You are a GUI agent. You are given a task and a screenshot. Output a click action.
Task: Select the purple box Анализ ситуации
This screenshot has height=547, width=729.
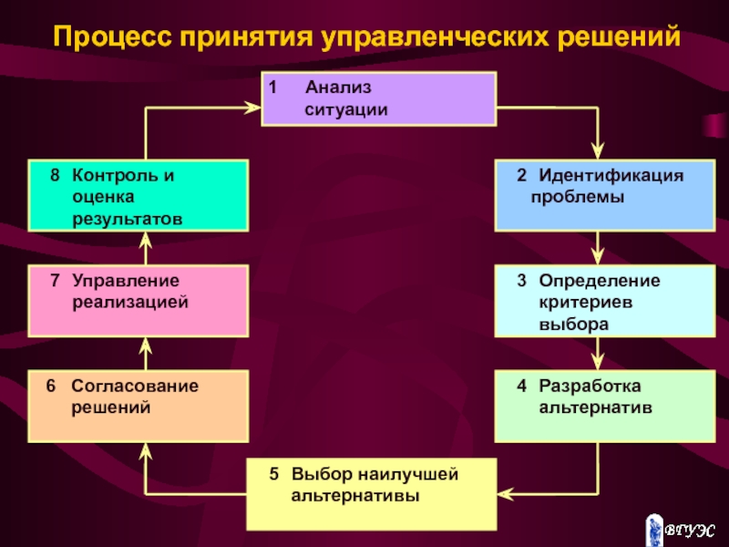click(x=378, y=98)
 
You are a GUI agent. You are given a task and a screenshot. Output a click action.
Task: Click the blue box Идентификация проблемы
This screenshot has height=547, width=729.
click(x=604, y=195)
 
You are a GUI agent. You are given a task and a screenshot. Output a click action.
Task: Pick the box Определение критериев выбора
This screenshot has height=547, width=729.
click(x=604, y=301)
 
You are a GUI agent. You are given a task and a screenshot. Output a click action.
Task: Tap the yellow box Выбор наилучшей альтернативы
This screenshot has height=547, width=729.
click(x=372, y=494)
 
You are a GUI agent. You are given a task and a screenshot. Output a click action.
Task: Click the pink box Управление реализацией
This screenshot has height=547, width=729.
click(x=138, y=301)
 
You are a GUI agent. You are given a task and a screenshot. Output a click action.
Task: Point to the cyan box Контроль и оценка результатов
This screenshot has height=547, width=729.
click(x=138, y=195)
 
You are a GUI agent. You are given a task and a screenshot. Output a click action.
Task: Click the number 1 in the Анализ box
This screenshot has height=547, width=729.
click(x=272, y=88)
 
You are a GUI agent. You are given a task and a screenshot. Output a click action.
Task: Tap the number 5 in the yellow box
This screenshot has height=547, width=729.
click(x=273, y=475)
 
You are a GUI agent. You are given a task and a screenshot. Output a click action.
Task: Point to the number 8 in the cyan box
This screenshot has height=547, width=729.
click(x=55, y=174)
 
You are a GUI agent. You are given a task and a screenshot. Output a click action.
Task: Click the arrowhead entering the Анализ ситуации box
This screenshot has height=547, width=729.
click(x=254, y=108)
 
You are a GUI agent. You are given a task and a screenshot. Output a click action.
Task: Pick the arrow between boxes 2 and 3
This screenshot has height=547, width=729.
click(x=599, y=247)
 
